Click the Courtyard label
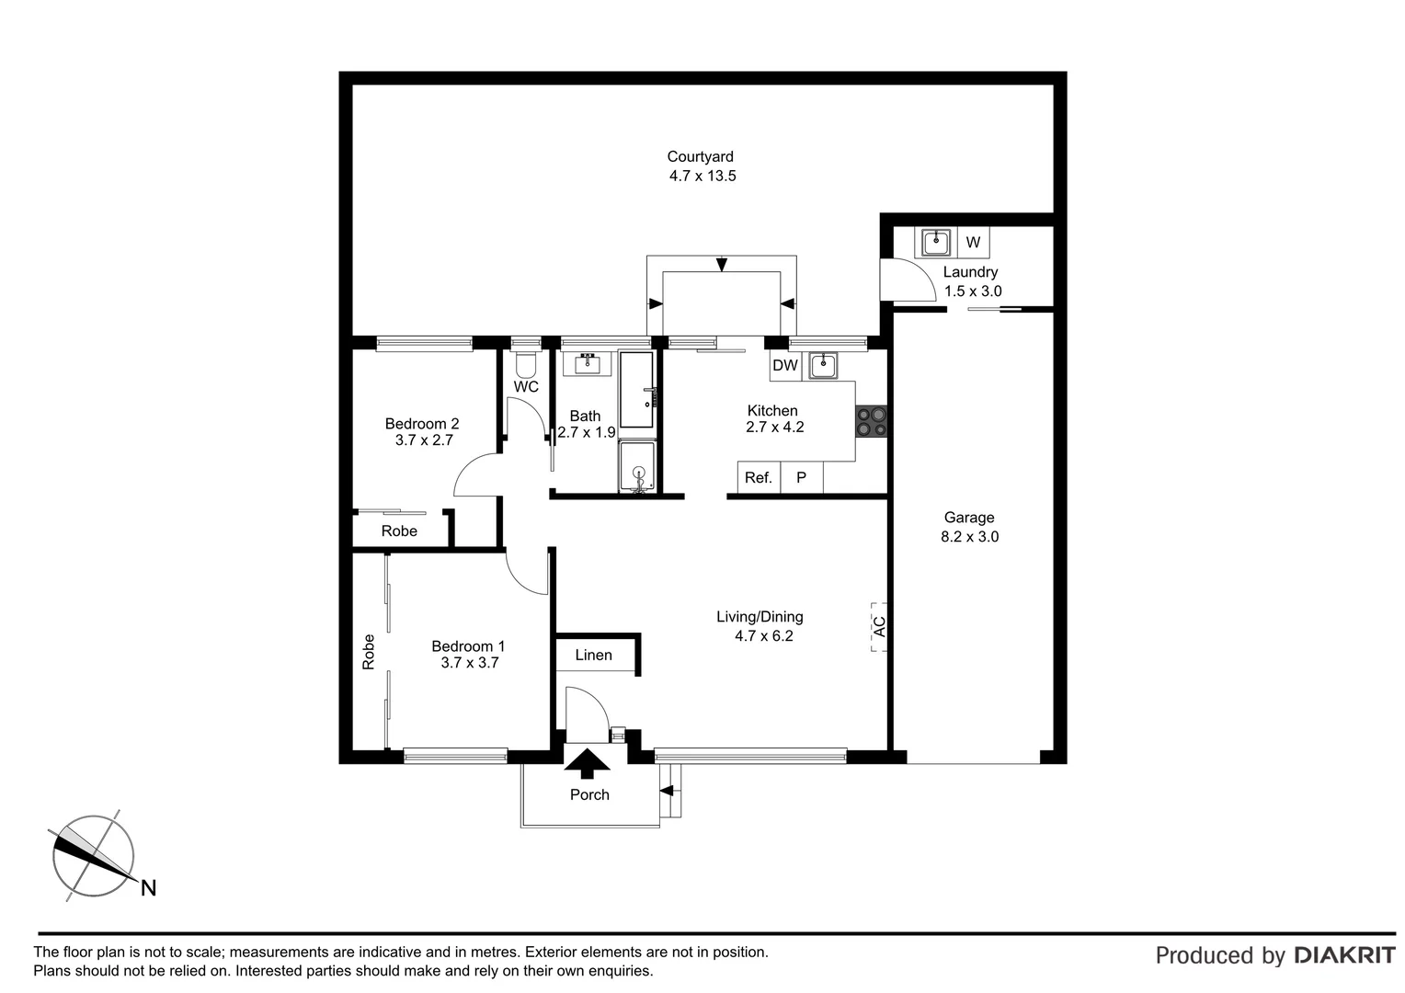click(700, 157)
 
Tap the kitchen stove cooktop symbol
click(872, 421)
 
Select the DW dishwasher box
click(784, 366)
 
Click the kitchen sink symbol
click(823, 366)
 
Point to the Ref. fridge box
click(759, 478)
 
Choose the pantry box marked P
click(801, 478)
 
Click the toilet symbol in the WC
click(525, 364)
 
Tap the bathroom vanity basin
click(586, 363)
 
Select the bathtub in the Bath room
click(636, 390)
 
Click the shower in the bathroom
click(636, 467)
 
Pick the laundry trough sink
click(936, 243)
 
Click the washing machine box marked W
click(973, 243)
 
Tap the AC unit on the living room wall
click(879, 627)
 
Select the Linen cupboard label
click(593, 656)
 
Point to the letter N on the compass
click(148, 888)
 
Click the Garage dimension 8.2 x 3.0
click(969, 537)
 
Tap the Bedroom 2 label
click(421, 424)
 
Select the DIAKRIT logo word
click(1344, 955)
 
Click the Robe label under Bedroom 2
click(399, 531)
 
